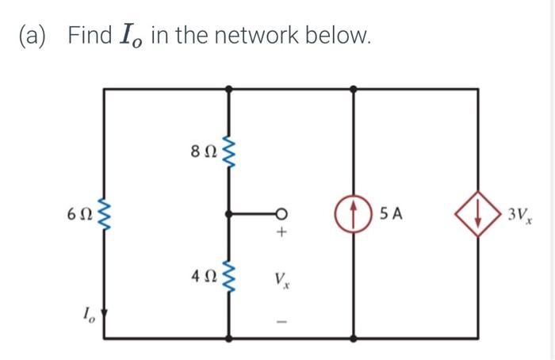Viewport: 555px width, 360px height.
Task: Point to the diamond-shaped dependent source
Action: (x=478, y=213)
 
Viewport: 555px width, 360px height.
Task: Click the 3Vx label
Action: (x=519, y=214)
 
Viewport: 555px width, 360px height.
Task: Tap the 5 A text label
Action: (x=391, y=213)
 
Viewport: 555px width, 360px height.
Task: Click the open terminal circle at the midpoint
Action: (x=280, y=213)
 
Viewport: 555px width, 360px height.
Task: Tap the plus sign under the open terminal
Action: (x=280, y=235)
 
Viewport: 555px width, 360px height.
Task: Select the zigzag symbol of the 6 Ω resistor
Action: (x=104, y=213)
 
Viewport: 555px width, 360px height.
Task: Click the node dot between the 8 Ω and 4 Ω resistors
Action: (x=229, y=213)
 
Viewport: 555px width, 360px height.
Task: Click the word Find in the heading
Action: (x=90, y=36)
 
